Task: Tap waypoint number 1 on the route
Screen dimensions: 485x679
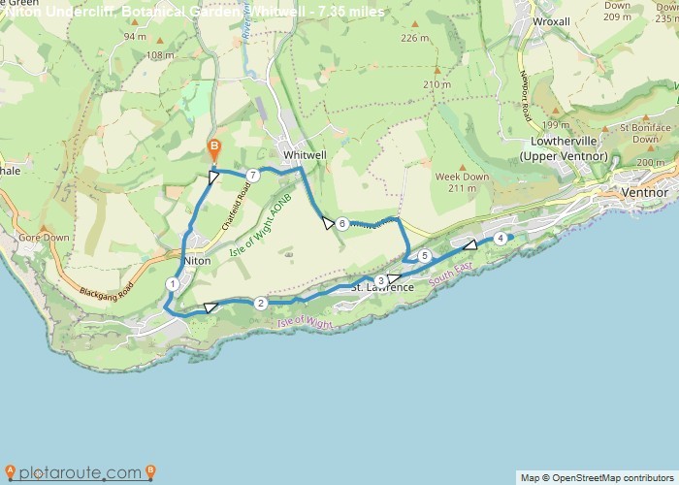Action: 172,284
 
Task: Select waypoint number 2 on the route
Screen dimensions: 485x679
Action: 260,304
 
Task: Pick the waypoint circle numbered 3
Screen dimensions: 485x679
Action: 380,280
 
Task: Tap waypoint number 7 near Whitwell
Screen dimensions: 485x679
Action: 252,175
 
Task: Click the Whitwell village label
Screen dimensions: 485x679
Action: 303,154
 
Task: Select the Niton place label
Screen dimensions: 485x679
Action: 197,261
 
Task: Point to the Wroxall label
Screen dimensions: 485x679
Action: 551,20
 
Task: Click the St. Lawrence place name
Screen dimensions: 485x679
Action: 382,288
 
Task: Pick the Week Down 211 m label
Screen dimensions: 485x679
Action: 462,182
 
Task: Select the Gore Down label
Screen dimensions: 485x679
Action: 44,238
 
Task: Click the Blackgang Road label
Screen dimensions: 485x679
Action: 106,288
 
